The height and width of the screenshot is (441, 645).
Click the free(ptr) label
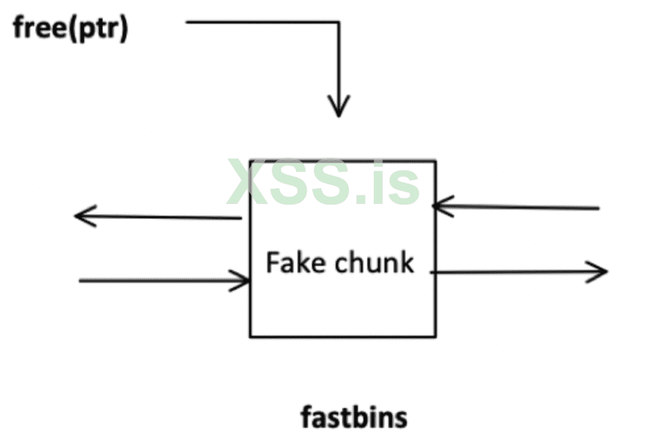71,30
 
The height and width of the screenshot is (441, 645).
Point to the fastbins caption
354,417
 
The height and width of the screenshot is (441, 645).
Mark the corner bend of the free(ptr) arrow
338,22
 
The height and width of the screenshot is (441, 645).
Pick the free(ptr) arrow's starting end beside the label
188,22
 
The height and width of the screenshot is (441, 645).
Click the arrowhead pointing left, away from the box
78,215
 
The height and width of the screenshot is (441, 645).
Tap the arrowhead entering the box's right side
436,206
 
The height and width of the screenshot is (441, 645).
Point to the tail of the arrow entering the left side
80,281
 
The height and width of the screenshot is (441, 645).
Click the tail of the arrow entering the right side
598,209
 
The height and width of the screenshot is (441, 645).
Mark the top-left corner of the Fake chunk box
249,160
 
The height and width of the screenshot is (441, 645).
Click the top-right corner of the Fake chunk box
435,160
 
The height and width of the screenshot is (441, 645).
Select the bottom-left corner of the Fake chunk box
249,337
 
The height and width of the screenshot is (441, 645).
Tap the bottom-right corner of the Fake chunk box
435,337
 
